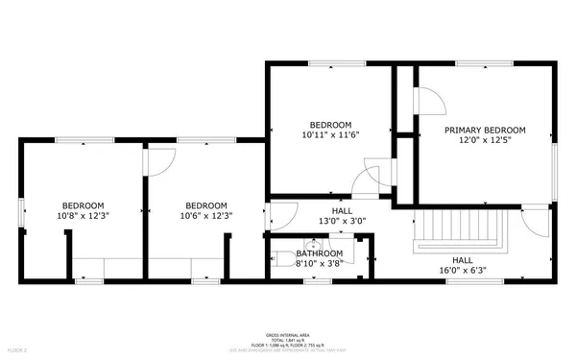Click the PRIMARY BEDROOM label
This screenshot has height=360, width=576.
click(x=484, y=130)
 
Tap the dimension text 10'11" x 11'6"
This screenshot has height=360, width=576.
click(x=330, y=136)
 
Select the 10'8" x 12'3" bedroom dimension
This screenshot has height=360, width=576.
click(x=84, y=216)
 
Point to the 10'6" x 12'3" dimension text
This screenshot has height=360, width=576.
click(x=205, y=216)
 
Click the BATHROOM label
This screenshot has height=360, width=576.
click(x=319, y=253)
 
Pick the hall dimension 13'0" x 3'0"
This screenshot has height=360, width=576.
click(x=342, y=221)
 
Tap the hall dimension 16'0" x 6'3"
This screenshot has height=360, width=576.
click(x=463, y=270)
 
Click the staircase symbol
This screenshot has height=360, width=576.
click(x=459, y=231)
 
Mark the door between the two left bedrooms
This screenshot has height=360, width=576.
click(x=156, y=162)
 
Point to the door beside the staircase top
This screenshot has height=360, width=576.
click(x=527, y=222)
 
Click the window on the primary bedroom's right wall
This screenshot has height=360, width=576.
click(x=554, y=174)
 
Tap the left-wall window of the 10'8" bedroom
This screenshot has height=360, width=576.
click(x=21, y=210)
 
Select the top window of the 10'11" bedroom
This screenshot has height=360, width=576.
click(x=323, y=64)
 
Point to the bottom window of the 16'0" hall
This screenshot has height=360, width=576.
click(x=462, y=281)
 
